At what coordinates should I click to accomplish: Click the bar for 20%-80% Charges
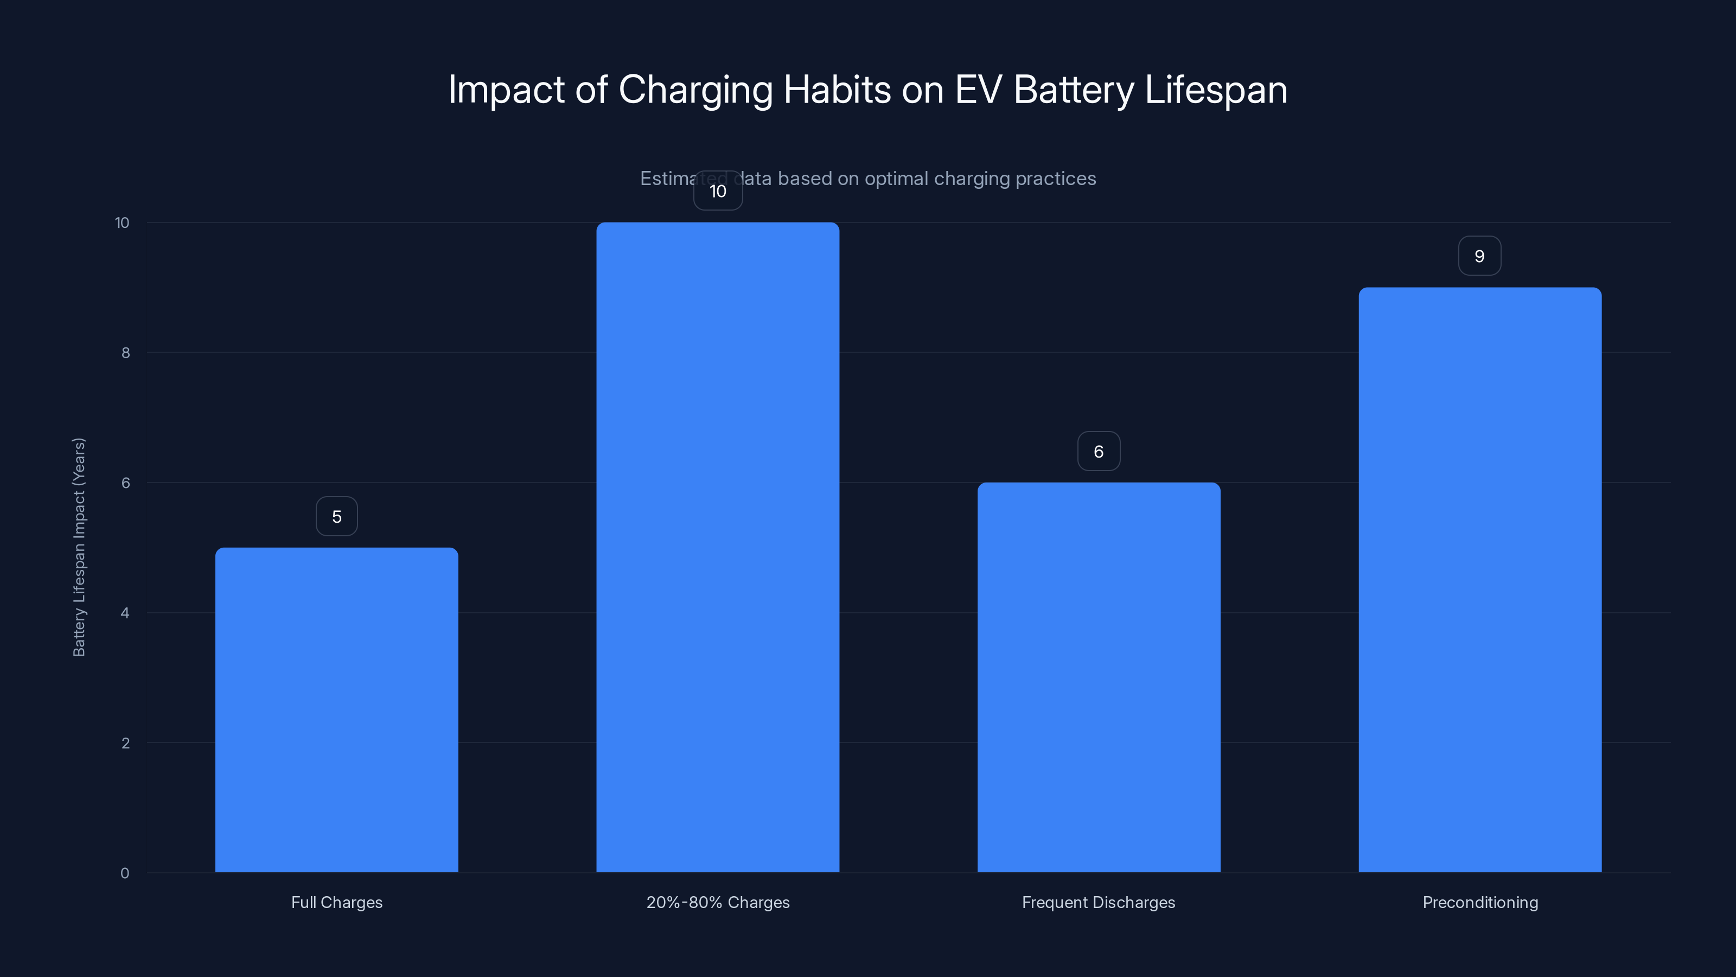[x=718, y=547]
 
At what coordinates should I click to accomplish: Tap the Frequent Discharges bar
[x=1099, y=677]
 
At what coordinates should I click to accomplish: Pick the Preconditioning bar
[x=1479, y=579]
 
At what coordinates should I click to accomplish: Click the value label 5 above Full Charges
[x=336, y=517]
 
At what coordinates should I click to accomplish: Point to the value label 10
[x=718, y=192]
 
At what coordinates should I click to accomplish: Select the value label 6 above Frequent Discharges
[x=1099, y=452]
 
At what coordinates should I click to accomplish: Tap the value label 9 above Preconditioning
[x=1479, y=256]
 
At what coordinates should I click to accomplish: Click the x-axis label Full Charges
[x=336, y=902]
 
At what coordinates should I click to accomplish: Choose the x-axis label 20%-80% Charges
[x=718, y=902]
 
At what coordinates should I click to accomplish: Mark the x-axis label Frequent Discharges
[x=1099, y=902]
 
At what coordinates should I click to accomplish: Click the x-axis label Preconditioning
[x=1480, y=902]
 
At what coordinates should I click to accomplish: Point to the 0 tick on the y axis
[x=125, y=873]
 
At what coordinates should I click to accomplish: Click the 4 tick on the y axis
[x=125, y=613]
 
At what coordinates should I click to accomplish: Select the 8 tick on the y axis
[x=125, y=353]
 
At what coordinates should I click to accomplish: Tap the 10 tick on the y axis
[x=122, y=223]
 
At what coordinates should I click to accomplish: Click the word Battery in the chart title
[x=1074, y=90]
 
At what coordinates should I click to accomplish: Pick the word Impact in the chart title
[x=506, y=90]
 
